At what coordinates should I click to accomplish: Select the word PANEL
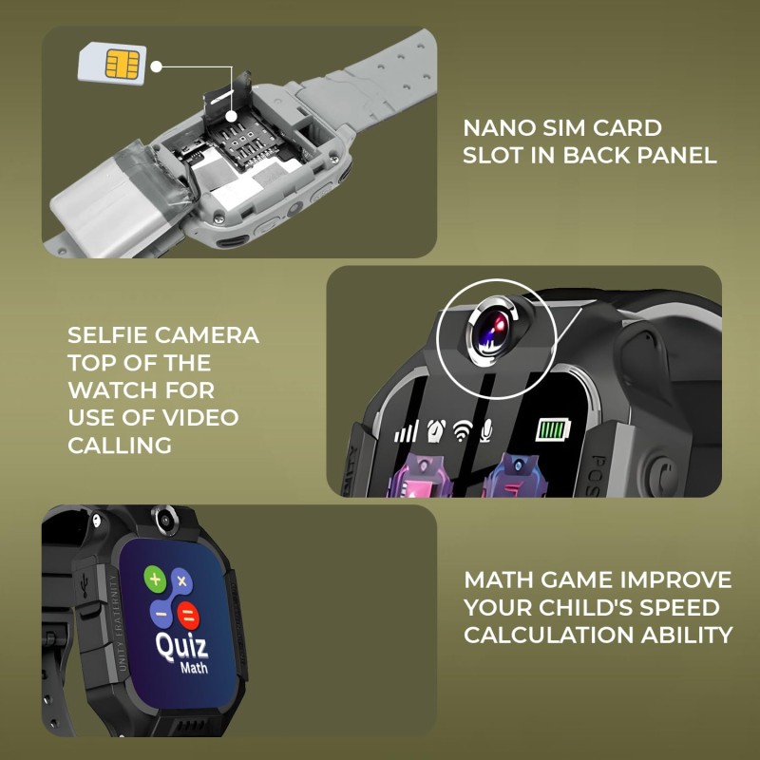coord(676,155)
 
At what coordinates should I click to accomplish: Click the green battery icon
coord(552,430)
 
